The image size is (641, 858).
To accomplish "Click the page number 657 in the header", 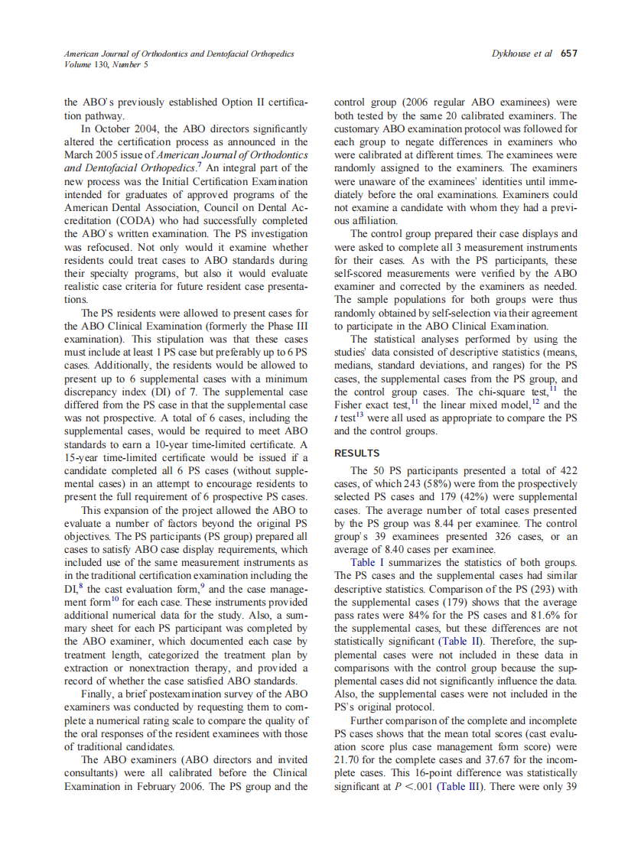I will click(568, 54).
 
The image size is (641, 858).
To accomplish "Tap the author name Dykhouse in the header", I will click(512, 54).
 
